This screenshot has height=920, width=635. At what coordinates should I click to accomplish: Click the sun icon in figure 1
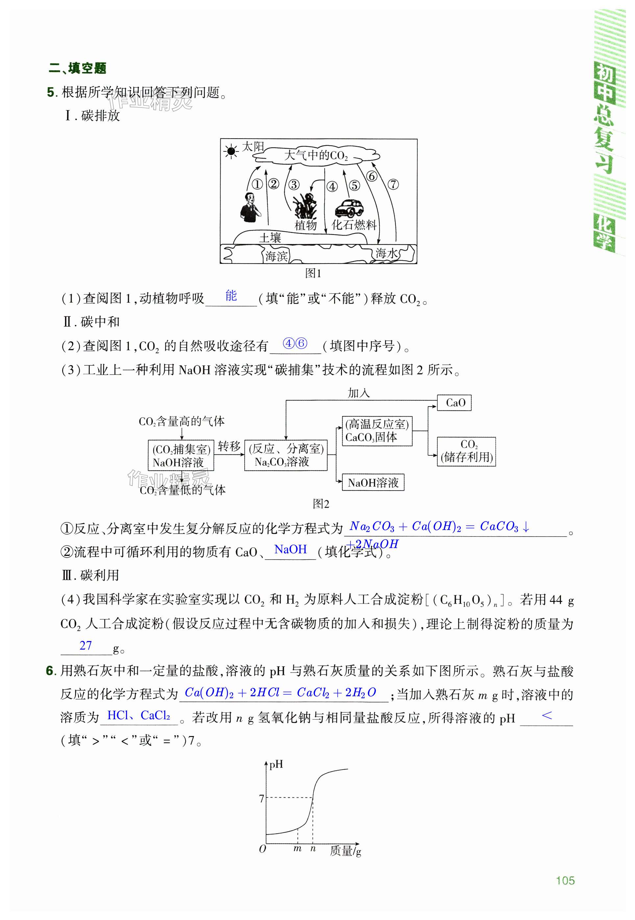pos(231,151)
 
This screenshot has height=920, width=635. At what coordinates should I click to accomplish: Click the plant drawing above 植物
pos(305,206)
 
